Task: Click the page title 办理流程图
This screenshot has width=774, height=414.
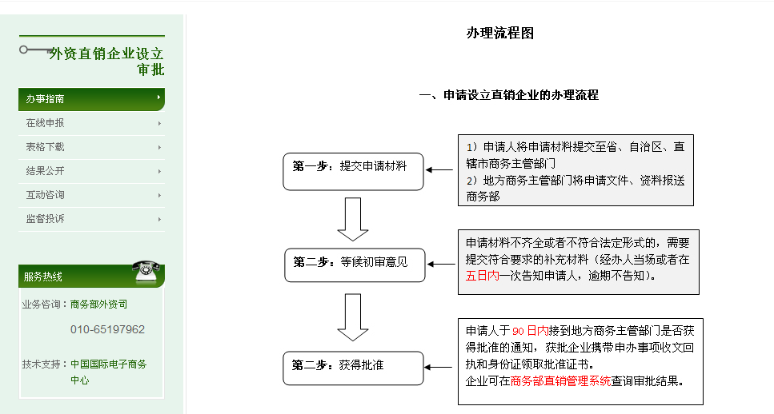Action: tap(499, 33)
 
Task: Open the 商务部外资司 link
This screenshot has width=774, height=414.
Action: tap(98, 305)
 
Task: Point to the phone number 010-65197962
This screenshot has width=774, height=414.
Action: tap(107, 329)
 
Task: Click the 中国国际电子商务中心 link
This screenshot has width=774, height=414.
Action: tap(108, 372)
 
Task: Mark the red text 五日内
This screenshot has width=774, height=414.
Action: tap(482, 276)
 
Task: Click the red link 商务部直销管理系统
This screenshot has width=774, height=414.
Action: tap(560, 380)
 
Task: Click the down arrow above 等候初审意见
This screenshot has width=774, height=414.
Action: tap(352, 219)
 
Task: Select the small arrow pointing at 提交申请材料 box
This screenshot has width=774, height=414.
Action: tap(439, 169)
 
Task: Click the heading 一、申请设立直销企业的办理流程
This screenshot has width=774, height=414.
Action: tap(508, 95)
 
